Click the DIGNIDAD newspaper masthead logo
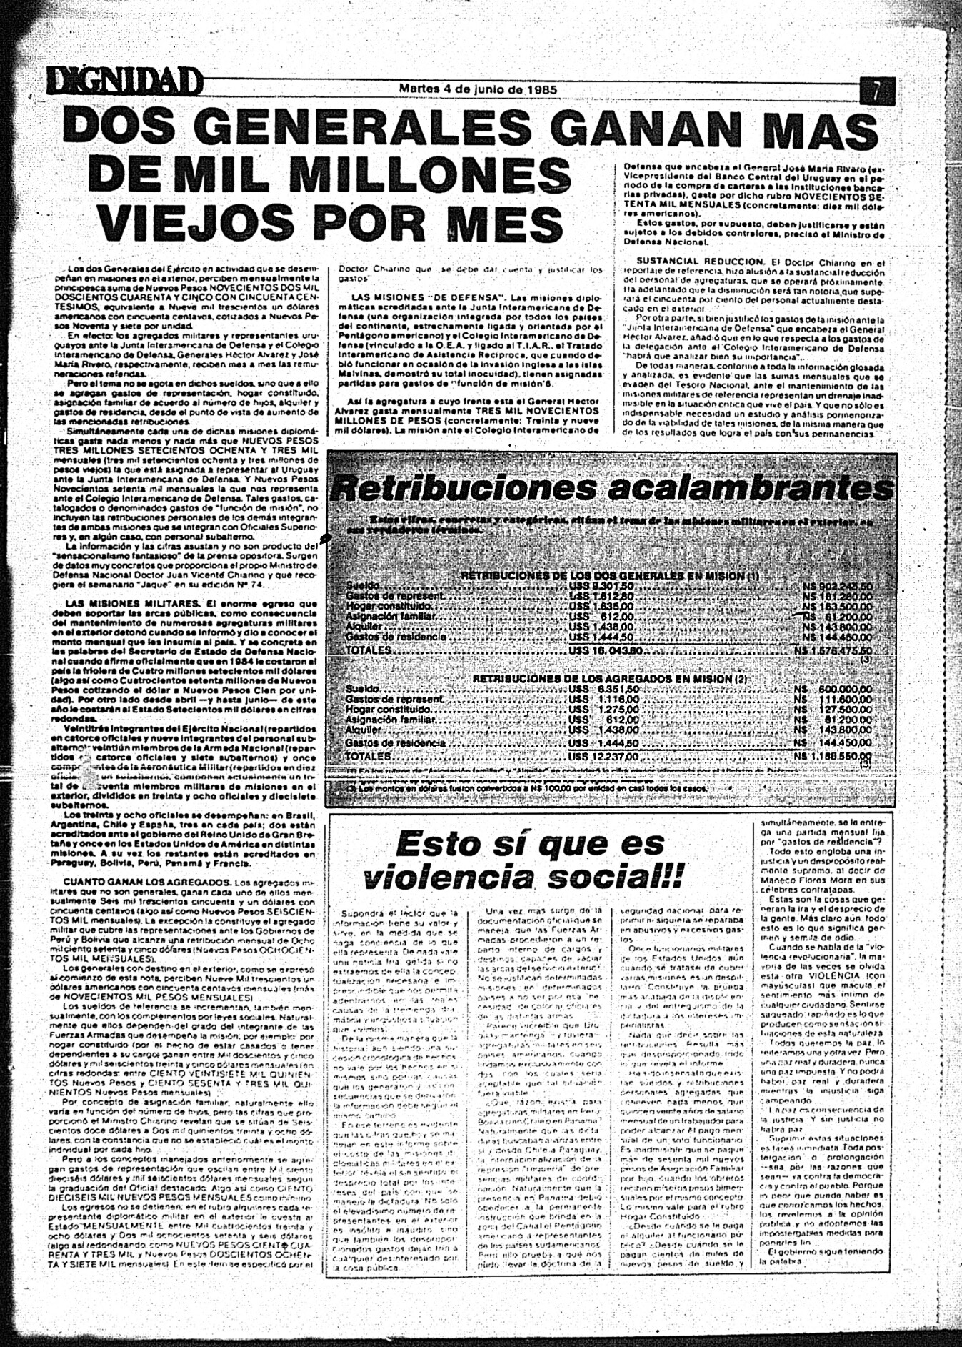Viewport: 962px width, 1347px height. [x=122, y=83]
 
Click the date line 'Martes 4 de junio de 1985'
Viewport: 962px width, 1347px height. [x=478, y=89]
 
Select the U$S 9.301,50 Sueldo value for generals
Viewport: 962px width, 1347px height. [x=603, y=586]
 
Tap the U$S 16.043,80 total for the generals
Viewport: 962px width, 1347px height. [x=607, y=651]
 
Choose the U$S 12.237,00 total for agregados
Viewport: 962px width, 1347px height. [x=606, y=755]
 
